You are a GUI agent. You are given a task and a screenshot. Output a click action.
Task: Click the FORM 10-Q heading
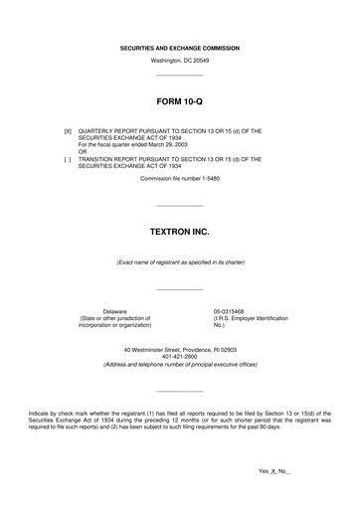[x=179, y=101]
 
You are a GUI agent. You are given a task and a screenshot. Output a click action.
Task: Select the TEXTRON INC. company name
[x=179, y=230]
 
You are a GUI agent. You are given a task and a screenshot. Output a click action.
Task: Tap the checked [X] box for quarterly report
[x=68, y=130]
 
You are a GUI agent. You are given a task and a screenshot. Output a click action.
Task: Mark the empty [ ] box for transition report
[x=68, y=158]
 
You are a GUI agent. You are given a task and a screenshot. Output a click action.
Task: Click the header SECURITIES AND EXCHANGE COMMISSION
[x=179, y=48]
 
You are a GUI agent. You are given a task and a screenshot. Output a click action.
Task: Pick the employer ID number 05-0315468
[x=230, y=310]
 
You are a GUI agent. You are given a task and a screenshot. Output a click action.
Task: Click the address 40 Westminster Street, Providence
[x=179, y=350]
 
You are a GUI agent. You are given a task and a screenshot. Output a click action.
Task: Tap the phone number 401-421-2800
[x=179, y=358]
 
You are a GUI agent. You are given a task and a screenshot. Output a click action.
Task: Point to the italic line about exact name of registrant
[x=179, y=261]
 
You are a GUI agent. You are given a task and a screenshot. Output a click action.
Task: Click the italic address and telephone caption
[x=179, y=366]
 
